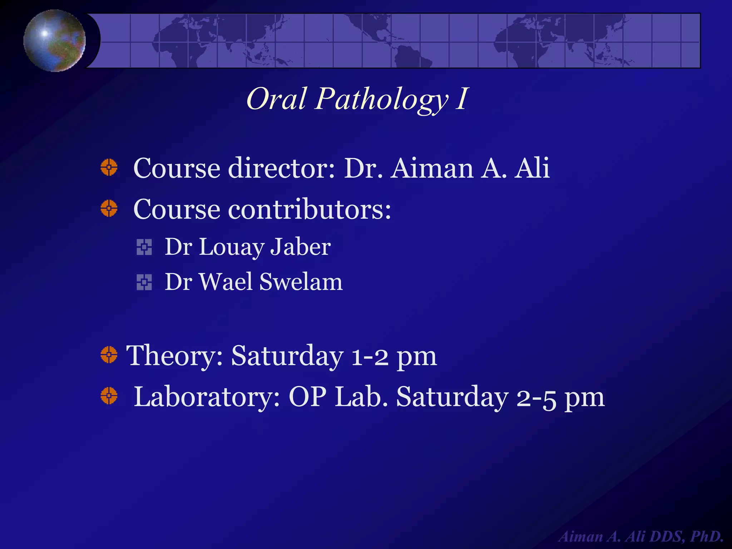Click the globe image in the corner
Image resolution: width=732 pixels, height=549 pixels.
coord(54,40)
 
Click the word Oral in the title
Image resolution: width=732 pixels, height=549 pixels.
coord(276,99)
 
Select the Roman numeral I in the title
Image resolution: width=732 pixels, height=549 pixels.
coord(461,99)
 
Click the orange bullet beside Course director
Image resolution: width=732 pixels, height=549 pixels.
coord(109,167)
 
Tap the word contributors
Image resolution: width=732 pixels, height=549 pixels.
coord(310,209)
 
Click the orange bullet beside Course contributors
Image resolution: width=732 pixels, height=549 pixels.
coord(109,208)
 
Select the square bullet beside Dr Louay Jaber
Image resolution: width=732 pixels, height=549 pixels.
coord(144,247)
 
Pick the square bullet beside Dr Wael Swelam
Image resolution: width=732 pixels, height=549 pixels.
coord(144,282)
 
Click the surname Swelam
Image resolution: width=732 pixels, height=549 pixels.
coord(301,282)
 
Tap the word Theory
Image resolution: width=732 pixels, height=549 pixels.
coord(174,356)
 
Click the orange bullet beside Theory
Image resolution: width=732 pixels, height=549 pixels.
coord(109,355)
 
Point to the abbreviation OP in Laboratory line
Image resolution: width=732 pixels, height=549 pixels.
coord(307,397)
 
